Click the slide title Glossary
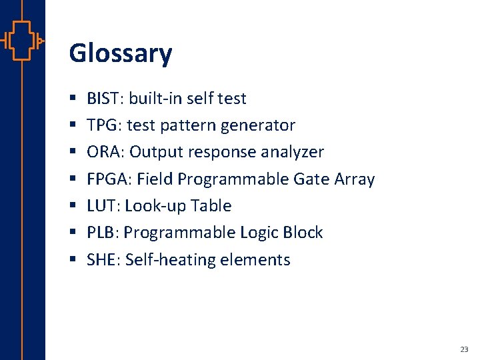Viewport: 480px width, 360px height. point(120,53)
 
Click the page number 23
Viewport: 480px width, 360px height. point(464,349)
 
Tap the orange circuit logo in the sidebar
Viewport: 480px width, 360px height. point(22,41)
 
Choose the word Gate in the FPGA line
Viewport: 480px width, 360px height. point(311,179)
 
